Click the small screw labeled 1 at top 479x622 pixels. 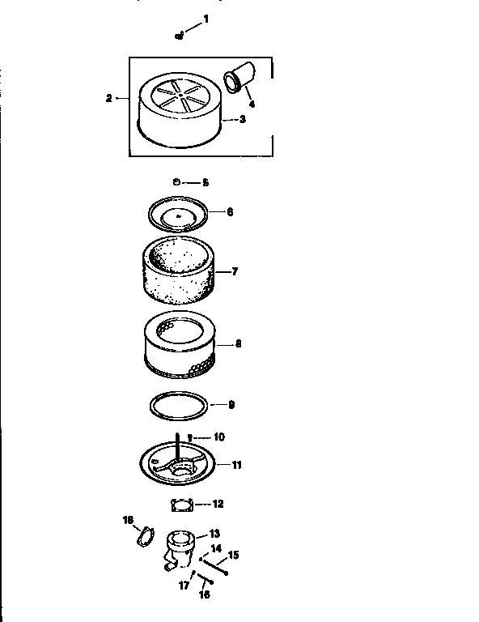click(x=178, y=35)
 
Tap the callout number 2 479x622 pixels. click(x=108, y=98)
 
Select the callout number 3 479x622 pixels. click(x=242, y=118)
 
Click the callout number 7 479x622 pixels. click(x=235, y=272)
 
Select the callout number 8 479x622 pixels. click(x=238, y=343)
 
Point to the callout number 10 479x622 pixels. click(x=218, y=437)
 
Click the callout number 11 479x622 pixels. click(x=237, y=465)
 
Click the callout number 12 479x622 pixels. click(x=218, y=504)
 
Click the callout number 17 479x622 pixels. click(x=184, y=583)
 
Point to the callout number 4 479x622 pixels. click(x=252, y=104)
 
